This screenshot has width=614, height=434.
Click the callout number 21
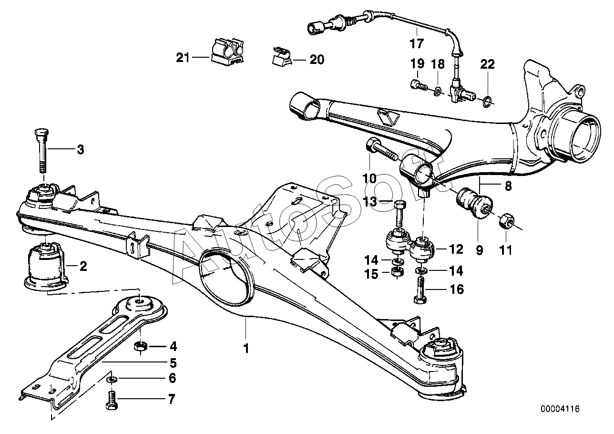[x=183, y=58]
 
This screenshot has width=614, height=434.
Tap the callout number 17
[x=417, y=44]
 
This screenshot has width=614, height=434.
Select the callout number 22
[x=487, y=64]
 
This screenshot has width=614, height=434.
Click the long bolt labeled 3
[x=41, y=151]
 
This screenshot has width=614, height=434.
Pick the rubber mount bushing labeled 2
[x=46, y=266]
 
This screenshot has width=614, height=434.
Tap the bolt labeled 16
[x=420, y=290]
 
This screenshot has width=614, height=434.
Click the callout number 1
[x=246, y=349]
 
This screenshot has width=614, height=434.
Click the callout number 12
[x=456, y=249]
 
